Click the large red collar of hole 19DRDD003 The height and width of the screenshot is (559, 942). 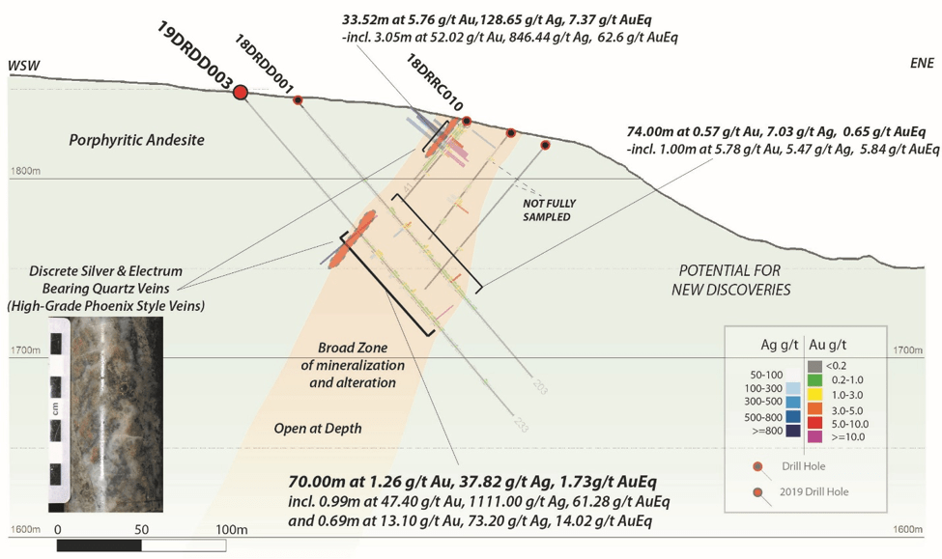241,92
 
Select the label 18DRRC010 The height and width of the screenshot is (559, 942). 435,85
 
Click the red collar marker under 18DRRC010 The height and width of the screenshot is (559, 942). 467,122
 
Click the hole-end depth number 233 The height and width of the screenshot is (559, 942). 521,423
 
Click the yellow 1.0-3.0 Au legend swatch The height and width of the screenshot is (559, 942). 814,393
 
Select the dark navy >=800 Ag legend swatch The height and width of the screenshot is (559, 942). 792,432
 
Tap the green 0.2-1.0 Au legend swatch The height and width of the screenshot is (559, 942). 814,380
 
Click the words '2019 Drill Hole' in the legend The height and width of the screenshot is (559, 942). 817,492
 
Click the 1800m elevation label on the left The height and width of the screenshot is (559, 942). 24,172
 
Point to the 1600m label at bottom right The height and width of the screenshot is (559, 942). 909,530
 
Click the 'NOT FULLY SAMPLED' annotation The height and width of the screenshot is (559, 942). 547,210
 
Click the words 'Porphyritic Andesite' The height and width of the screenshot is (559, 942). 136,141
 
